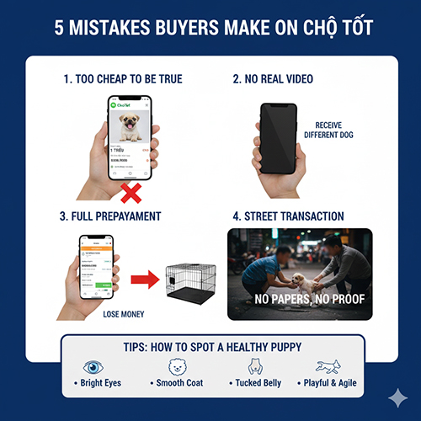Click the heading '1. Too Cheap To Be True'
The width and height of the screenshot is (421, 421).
point(123,80)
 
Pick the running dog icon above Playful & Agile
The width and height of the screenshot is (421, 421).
point(326,368)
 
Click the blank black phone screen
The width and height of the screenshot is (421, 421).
point(278,136)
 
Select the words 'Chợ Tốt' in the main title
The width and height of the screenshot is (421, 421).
point(330,28)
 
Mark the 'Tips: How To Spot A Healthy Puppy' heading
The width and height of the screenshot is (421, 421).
point(210,347)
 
